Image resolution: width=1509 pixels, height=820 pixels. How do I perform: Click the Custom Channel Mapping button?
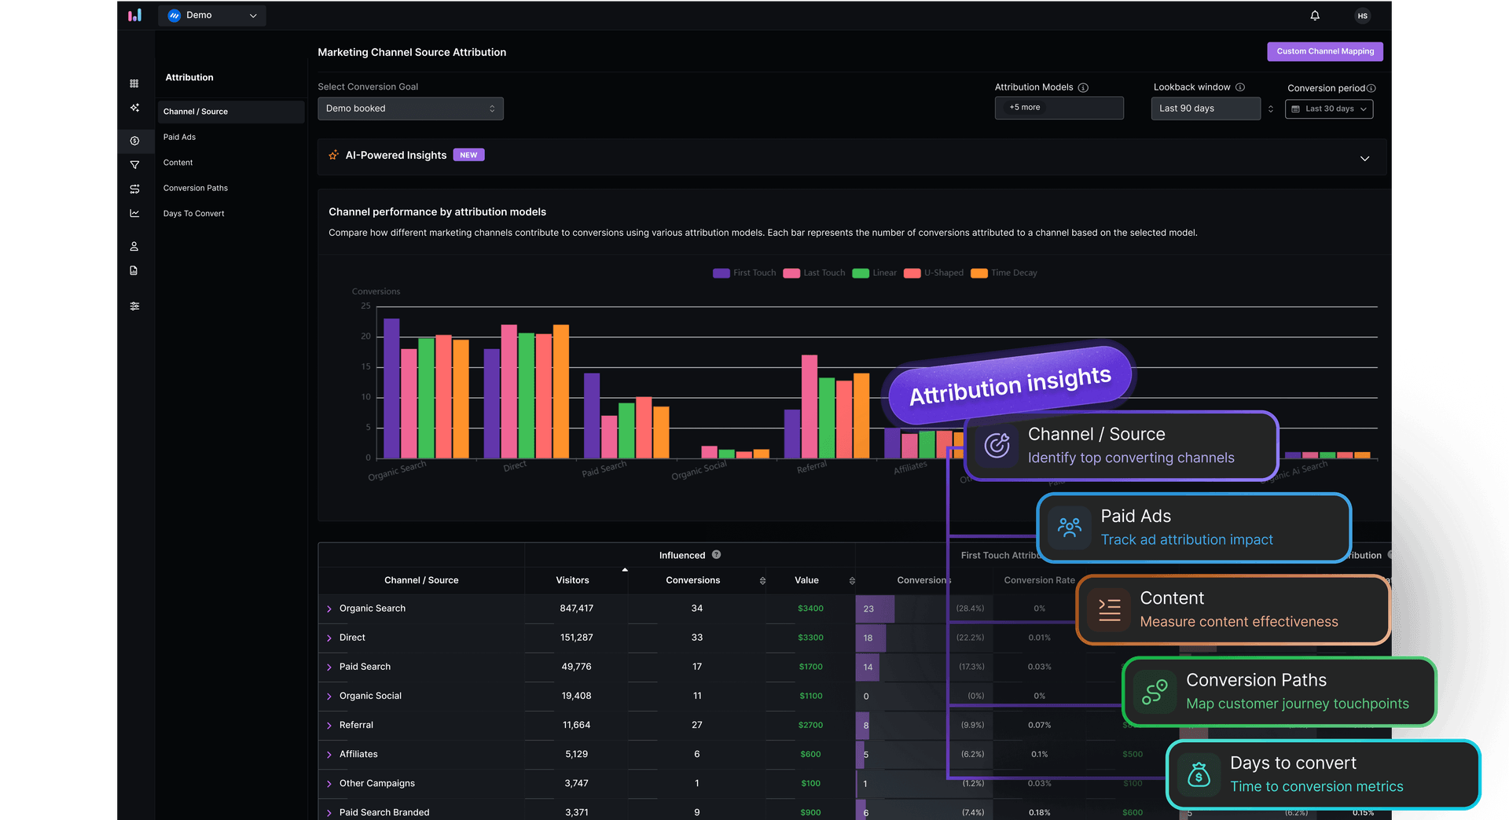click(x=1324, y=52)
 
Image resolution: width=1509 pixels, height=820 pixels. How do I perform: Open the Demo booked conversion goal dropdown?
click(x=410, y=108)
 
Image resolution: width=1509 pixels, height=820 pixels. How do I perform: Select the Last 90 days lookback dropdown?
click(x=1206, y=108)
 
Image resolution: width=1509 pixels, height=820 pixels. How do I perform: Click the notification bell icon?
click(x=1315, y=16)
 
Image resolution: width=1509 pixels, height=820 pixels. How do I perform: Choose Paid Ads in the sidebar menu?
click(x=180, y=138)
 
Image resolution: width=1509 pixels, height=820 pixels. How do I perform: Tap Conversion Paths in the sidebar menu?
click(x=196, y=189)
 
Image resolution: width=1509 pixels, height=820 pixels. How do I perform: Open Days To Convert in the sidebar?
click(x=194, y=214)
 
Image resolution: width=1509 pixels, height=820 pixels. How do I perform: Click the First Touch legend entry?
click(x=744, y=273)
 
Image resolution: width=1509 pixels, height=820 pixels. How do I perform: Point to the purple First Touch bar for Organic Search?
click(x=391, y=388)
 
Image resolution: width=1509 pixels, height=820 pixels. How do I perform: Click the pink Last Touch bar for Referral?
click(x=810, y=406)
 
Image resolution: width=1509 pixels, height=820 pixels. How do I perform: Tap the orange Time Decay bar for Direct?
click(x=561, y=391)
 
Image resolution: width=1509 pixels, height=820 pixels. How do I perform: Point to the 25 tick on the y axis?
click(x=365, y=306)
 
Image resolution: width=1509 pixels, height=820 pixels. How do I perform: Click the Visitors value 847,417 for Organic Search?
click(x=576, y=609)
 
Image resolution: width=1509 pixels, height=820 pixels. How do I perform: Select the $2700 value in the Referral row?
click(x=810, y=725)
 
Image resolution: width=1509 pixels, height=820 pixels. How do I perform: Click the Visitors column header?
click(x=572, y=580)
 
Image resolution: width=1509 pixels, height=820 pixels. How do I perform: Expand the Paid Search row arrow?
click(x=329, y=667)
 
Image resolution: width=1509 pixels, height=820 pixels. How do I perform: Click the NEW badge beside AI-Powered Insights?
click(x=468, y=156)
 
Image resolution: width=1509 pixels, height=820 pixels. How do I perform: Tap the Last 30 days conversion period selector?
click(x=1329, y=109)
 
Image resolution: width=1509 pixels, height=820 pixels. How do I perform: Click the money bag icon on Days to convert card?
click(x=1199, y=774)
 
